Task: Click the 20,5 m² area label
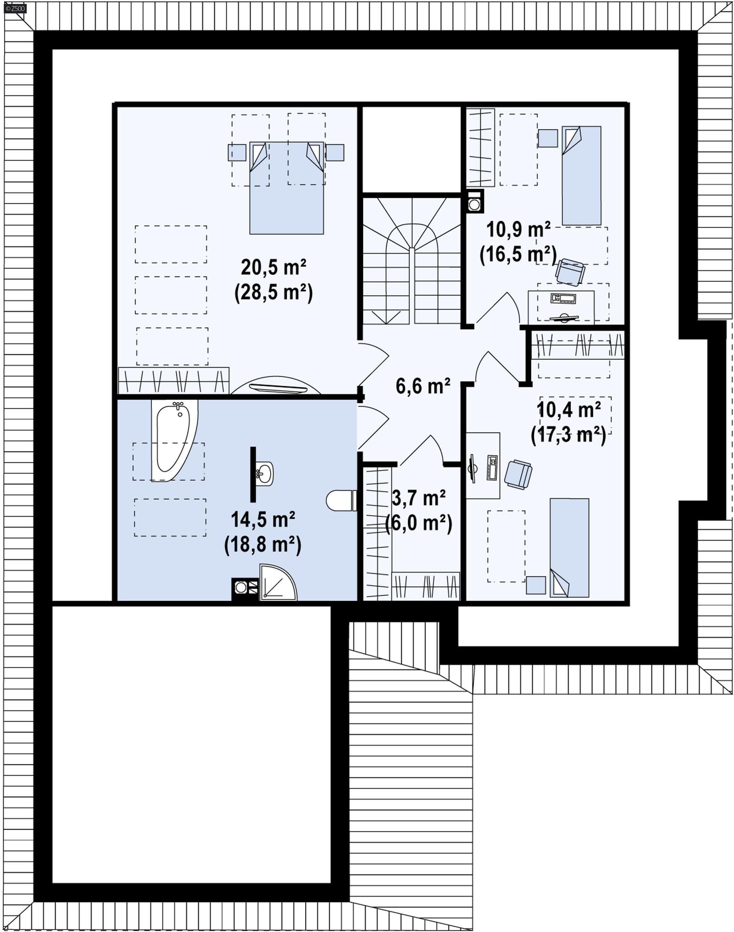pyautogui.click(x=273, y=267)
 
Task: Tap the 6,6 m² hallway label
pyautogui.click(x=423, y=386)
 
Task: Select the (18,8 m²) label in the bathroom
pyautogui.click(x=262, y=545)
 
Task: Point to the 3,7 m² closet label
pyautogui.click(x=418, y=498)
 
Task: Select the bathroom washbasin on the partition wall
pyautogui.click(x=264, y=473)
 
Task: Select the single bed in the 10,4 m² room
pyautogui.click(x=569, y=547)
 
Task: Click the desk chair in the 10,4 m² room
pyautogui.click(x=518, y=474)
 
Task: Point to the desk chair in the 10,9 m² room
pyautogui.click(x=570, y=271)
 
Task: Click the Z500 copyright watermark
pyautogui.click(x=15, y=8)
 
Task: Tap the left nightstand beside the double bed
pyautogui.click(x=237, y=153)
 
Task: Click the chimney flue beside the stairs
pyautogui.click(x=474, y=202)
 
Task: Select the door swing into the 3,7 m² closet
pyautogui.click(x=422, y=452)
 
